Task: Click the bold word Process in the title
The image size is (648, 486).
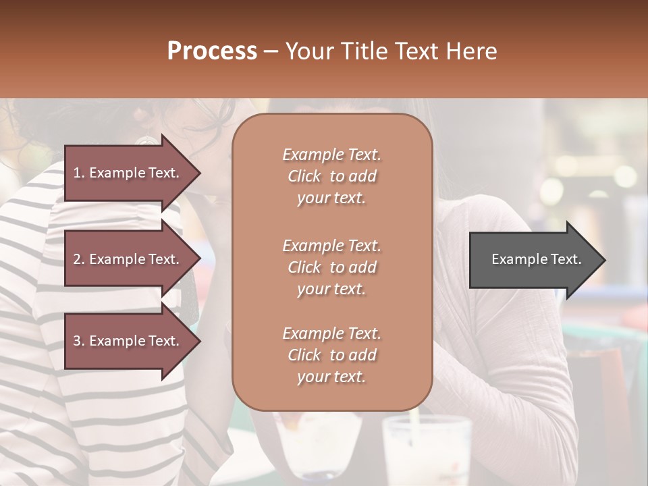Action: click(x=212, y=51)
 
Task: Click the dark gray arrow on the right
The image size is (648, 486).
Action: click(x=533, y=260)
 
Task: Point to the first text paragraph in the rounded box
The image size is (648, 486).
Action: click(x=331, y=176)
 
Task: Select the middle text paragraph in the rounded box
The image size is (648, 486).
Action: click(x=331, y=267)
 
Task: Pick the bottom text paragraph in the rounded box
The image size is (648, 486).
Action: click(x=331, y=355)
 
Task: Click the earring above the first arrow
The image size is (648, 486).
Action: click(x=145, y=140)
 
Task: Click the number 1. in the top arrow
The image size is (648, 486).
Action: click(x=79, y=173)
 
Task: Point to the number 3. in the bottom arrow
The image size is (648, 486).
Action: click(x=79, y=341)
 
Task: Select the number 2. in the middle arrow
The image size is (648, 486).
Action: click(x=79, y=259)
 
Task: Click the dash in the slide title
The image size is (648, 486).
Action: click(x=271, y=51)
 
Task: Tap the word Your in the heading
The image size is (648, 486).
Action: click(x=307, y=51)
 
